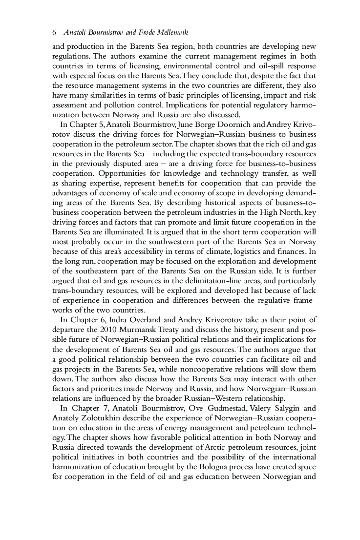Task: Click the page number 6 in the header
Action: click(x=54, y=33)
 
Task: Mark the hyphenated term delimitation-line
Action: click(x=217, y=281)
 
